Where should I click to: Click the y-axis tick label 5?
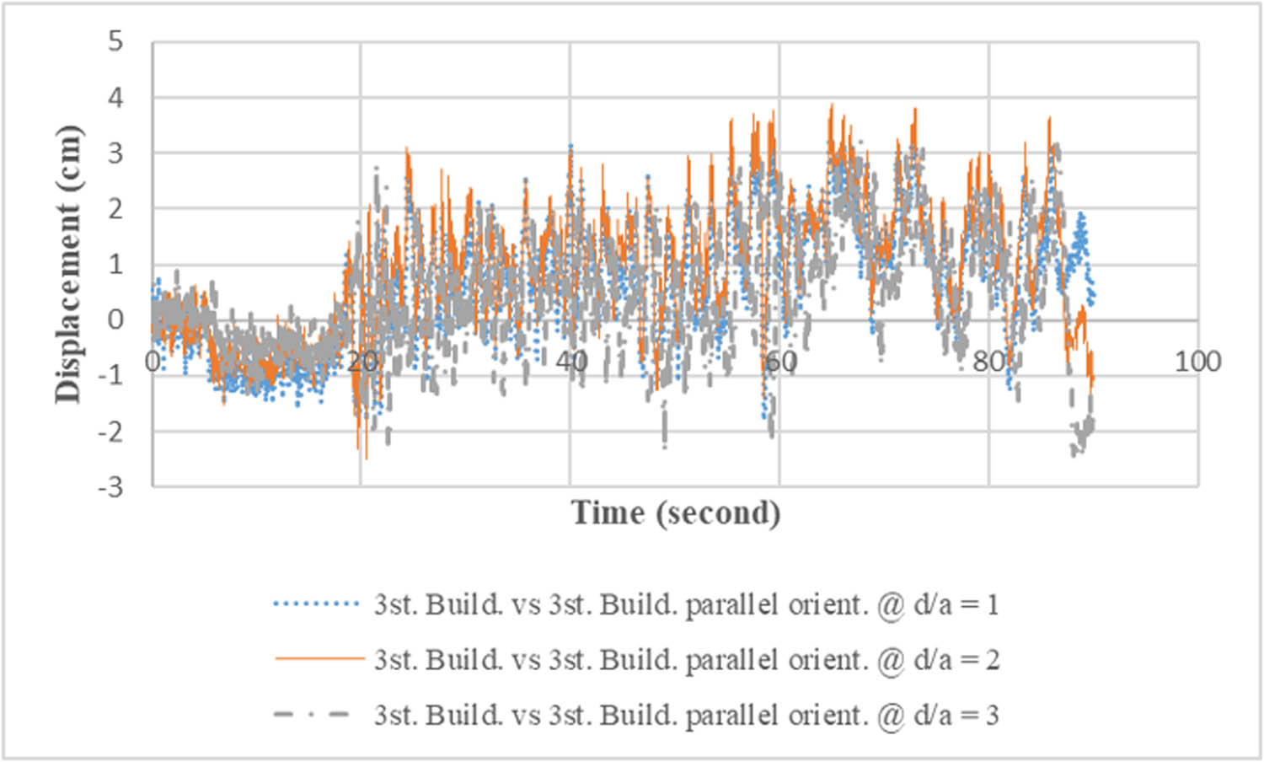[x=115, y=41]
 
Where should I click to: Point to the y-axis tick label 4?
[x=115, y=98]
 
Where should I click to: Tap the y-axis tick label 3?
[x=115, y=153]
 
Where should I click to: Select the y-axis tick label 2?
[x=115, y=209]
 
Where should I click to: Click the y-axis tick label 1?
[x=115, y=265]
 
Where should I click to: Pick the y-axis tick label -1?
[x=110, y=376]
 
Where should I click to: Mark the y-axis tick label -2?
[x=110, y=432]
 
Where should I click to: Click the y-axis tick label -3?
[x=110, y=487]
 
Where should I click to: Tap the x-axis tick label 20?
[x=362, y=362]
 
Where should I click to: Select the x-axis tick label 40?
[x=571, y=362]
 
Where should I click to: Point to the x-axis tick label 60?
[x=780, y=362]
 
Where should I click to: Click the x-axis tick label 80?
[x=989, y=362]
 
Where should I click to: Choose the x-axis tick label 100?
[x=1197, y=362]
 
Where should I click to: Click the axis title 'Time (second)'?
[x=676, y=512]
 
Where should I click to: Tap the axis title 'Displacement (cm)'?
[x=68, y=264]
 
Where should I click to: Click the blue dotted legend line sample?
[x=317, y=604]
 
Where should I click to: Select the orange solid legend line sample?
[x=317, y=659]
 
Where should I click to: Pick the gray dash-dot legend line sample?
[x=312, y=715]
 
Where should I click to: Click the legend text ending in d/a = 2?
[x=686, y=659]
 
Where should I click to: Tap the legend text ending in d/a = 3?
[x=686, y=715]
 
